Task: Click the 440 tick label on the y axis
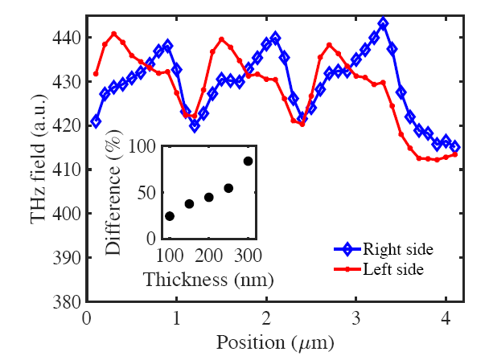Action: point(65,38)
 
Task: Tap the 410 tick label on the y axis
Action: point(65,170)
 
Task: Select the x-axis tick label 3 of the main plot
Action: point(356,317)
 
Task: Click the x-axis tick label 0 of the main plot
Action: point(87,317)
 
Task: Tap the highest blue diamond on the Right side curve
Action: point(383,23)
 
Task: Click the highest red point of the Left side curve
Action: point(114,34)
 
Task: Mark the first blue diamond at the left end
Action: point(97,121)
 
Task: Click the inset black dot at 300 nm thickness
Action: point(248,161)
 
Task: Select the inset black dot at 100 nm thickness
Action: point(170,216)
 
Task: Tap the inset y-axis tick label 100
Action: point(145,147)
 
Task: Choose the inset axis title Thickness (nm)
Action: point(208,280)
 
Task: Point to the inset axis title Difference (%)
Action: point(115,193)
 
